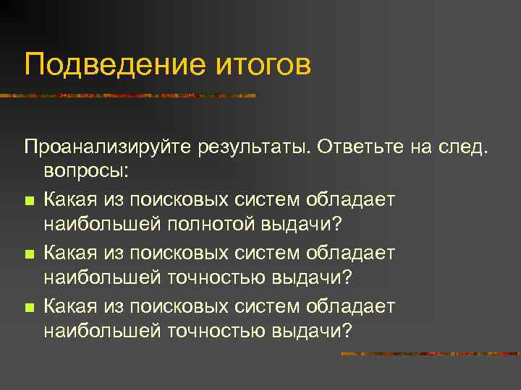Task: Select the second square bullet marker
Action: click(x=28, y=254)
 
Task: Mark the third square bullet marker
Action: click(x=28, y=308)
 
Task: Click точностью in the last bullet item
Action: click(x=216, y=331)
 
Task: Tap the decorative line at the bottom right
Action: click(x=430, y=354)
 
